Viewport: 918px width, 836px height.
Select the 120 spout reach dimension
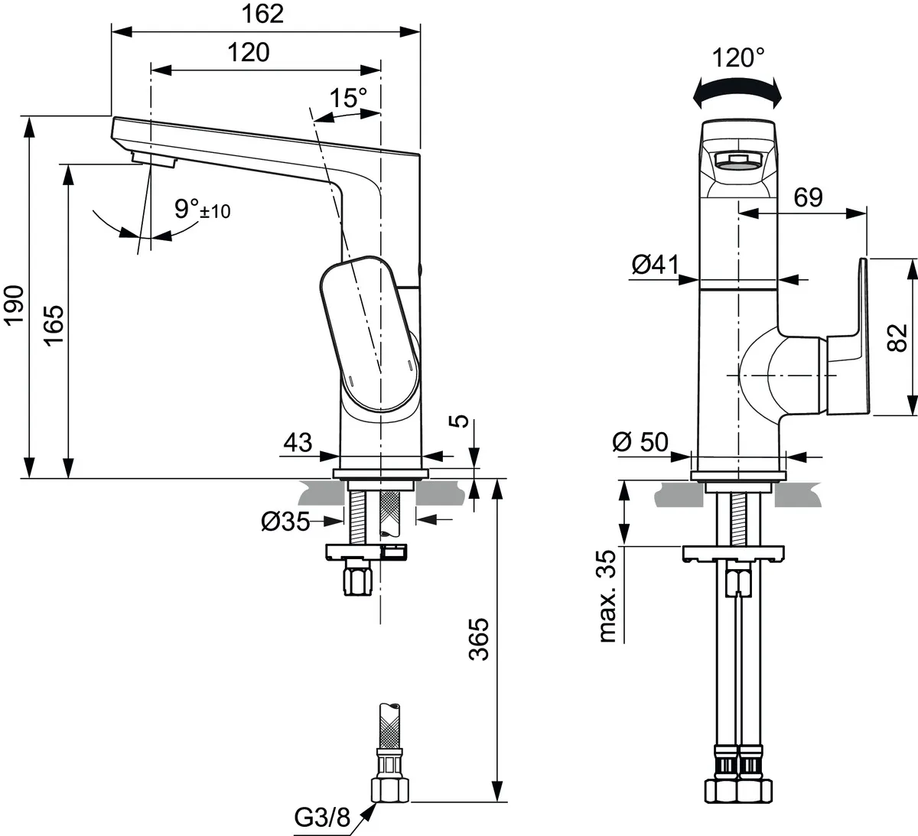(x=249, y=52)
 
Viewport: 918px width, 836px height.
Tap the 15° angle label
(x=348, y=98)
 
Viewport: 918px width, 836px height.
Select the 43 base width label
(x=298, y=442)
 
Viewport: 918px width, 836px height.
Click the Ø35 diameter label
(x=285, y=522)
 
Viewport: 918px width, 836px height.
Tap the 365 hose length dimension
(x=477, y=639)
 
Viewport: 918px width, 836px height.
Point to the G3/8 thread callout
(x=322, y=818)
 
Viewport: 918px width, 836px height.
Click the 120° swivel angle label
(x=737, y=57)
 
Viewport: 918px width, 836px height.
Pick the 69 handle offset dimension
(x=808, y=197)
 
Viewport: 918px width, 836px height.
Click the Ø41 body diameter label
(x=656, y=265)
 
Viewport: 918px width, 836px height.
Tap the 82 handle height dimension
(x=899, y=337)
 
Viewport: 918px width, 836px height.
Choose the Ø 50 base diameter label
(x=640, y=441)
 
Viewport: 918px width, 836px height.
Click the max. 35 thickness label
(x=607, y=596)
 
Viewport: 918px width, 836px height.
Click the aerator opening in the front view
(x=738, y=160)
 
